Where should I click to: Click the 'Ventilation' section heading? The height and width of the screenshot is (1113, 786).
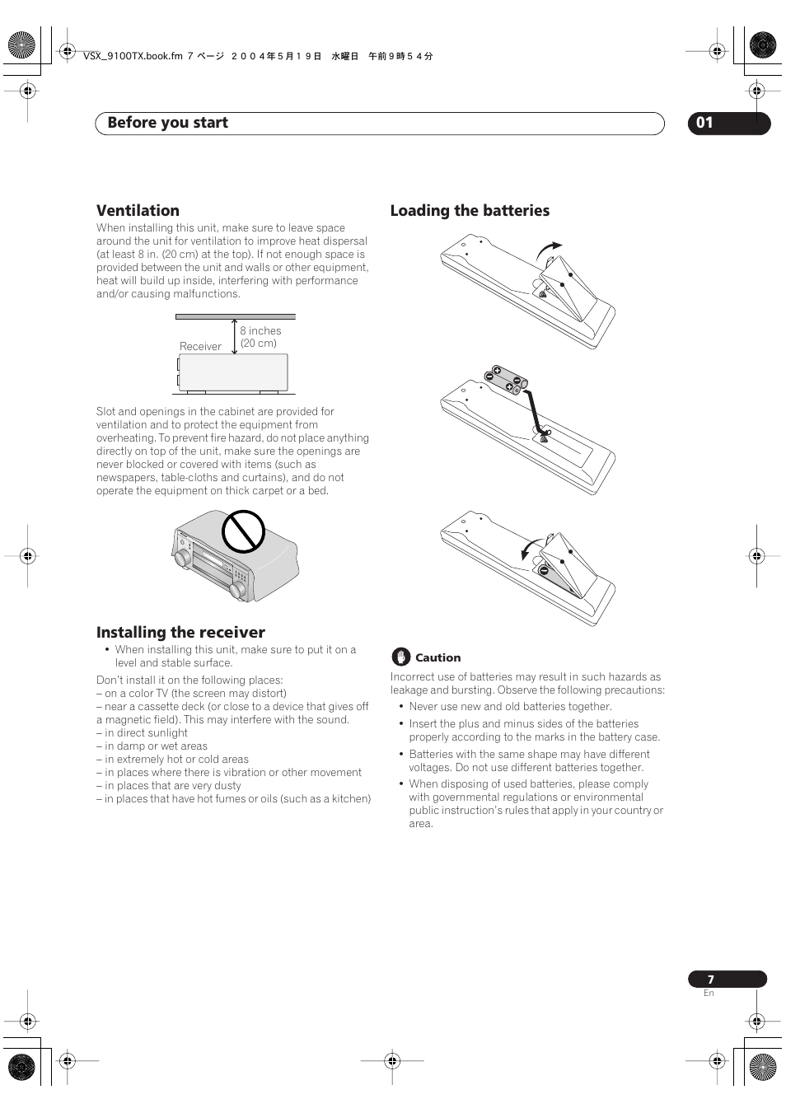pyautogui.click(x=138, y=211)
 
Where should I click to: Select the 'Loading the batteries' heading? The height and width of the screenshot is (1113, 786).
pyautogui.click(x=470, y=211)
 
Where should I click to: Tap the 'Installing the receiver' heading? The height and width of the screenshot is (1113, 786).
pyautogui.click(x=180, y=633)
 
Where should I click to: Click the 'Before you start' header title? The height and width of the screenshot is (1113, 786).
pyautogui.click(x=167, y=123)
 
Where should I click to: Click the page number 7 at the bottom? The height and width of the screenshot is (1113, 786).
pyautogui.click(x=711, y=980)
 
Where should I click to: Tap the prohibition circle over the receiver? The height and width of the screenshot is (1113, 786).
pyautogui.click(x=243, y=531)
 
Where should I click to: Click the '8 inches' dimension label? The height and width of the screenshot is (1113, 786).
pyautogui.click(x=260, y=331)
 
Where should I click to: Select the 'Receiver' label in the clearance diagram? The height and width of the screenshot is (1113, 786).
pyautogui.click(x=200, y=347)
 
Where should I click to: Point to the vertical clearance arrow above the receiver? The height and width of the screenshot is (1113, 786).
pyautogui.click(x=235, y=337)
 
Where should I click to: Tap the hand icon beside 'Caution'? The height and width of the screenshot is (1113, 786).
pyautogui.click(x=400, y=657)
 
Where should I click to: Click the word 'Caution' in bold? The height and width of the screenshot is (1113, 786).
pyautogui.click(x=437, y=658)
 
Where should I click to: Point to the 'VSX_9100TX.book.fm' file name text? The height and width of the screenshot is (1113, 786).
pyautogui.click(x=132, y=57)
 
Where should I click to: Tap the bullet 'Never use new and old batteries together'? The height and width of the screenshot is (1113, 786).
pyautogui.click(x=510, y=707)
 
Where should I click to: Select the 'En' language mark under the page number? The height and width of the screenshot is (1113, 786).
pyautogui.click(x=709, y=994)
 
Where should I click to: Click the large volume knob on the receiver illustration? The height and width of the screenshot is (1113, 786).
pyautogui.click(x=238, y=589)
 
